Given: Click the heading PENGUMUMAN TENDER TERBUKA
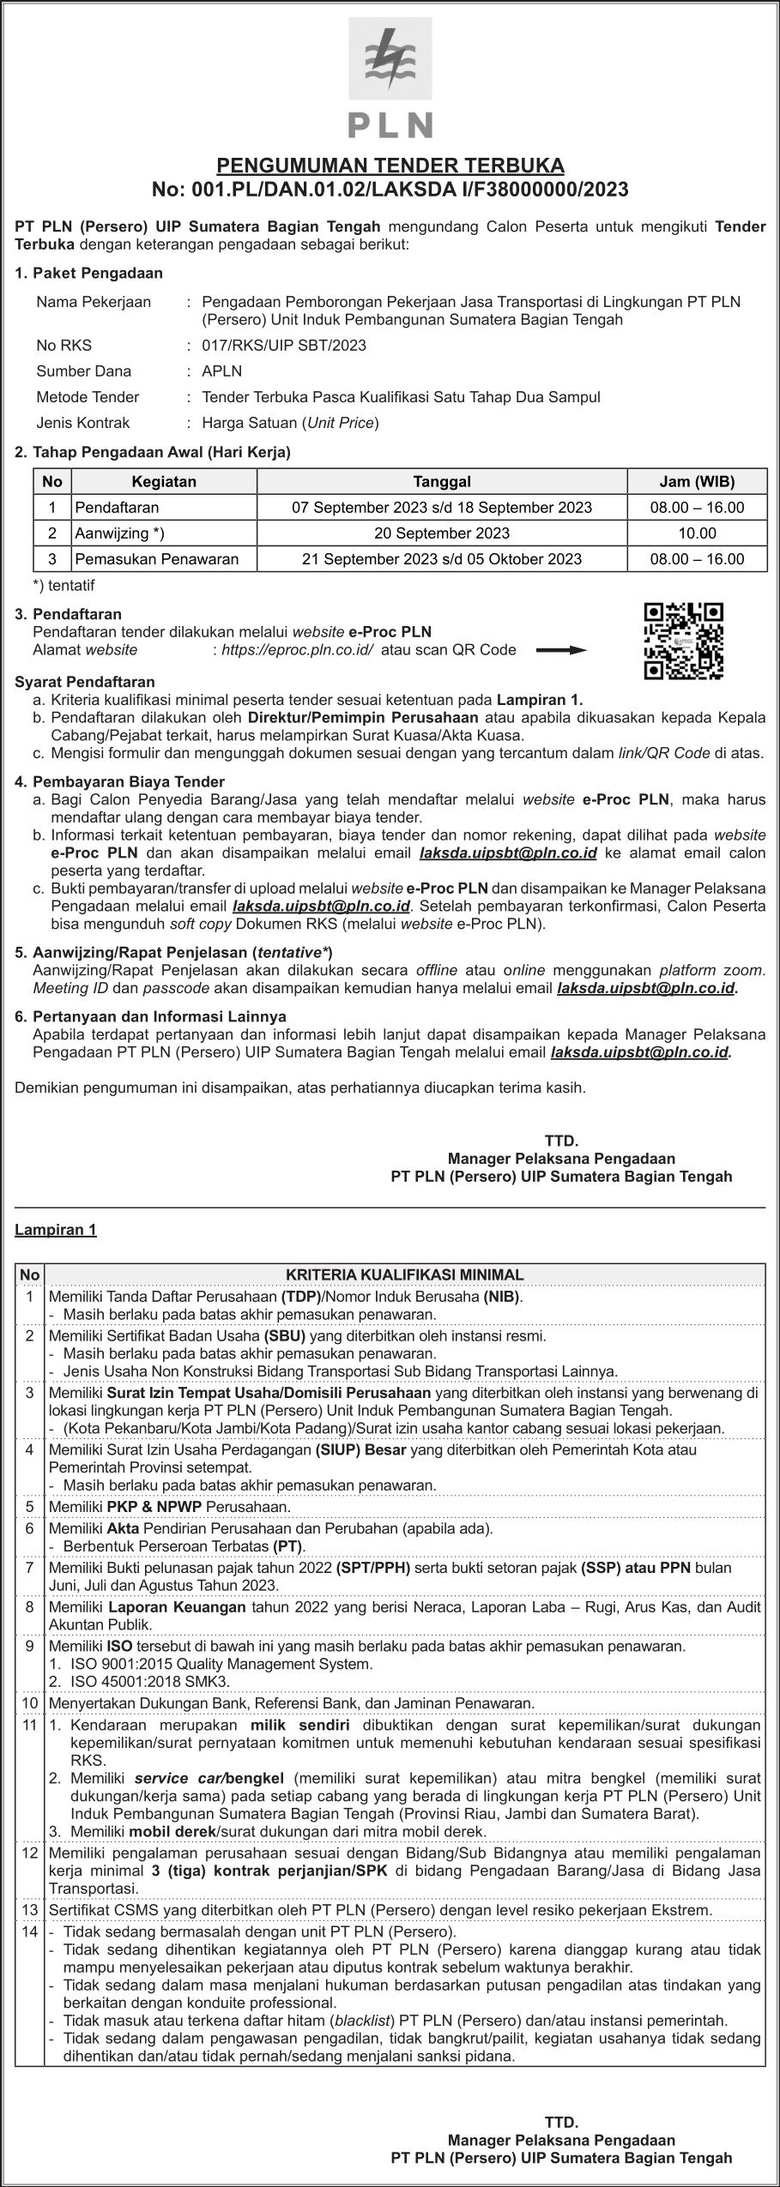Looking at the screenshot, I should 390,165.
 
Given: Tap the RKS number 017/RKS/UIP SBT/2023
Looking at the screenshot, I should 283,346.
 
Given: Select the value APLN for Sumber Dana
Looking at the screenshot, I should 221,371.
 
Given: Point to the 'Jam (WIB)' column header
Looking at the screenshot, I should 696,482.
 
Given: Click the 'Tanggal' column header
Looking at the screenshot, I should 441,482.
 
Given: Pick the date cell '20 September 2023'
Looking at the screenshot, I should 441,533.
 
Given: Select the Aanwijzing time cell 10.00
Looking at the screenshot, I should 696,533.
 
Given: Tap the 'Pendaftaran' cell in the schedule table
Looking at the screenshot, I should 117,508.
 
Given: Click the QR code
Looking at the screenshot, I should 683,642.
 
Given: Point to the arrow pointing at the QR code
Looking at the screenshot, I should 561,650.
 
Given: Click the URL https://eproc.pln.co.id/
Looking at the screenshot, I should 297,650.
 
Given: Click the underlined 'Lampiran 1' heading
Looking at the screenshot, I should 56,1230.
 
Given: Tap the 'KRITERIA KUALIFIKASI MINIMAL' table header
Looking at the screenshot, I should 404,1275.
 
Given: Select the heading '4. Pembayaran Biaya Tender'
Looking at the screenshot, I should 120,781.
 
